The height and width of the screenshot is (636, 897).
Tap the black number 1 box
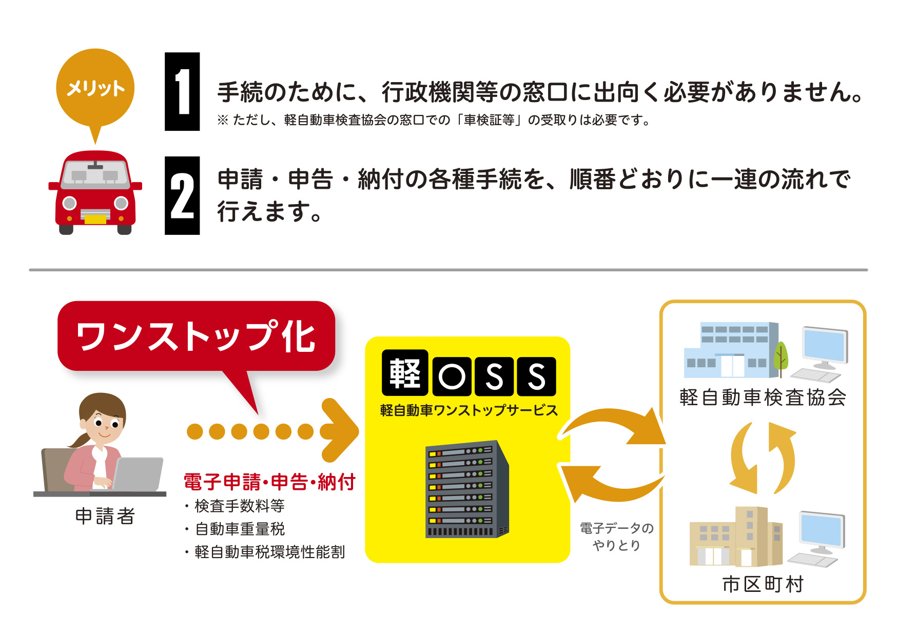pos(182,91)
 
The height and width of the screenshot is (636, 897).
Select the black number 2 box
pos(182,195)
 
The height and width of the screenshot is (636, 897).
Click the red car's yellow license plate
pos(95,220)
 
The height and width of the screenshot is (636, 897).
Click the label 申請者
pos(105,516)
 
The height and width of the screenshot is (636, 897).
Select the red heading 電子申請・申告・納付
pos(269,482)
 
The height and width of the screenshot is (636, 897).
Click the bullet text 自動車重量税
pos(240,529)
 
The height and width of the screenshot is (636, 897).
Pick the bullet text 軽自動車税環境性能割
pos(270,552)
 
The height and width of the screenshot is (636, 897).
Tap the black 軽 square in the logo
pos(405,373)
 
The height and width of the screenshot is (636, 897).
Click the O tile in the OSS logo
pos(452,376)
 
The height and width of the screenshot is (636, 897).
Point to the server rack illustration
pos(467,489)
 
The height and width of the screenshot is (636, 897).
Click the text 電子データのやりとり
pos(616,536)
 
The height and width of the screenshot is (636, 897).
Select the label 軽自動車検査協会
pos(763,397)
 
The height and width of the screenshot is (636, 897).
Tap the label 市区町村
pos(763,584)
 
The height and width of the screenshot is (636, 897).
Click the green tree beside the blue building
pos(780,355)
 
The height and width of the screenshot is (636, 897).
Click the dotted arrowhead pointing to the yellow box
pos(339,431)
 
